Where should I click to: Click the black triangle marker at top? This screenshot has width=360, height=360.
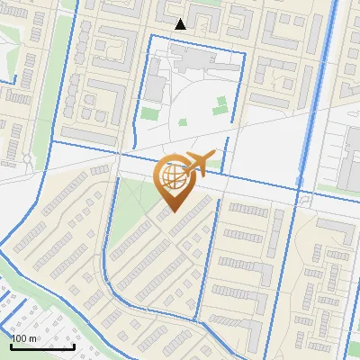(x=181, y=24)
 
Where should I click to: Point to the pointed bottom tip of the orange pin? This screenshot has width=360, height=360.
(x=172, y=211)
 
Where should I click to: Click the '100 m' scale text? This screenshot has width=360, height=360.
(x=23, y=337)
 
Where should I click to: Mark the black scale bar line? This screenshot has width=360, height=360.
(x=42, y=346)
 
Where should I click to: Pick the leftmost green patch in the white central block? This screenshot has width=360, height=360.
(x=148, y=114)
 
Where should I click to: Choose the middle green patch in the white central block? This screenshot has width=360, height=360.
(x=183, y=122)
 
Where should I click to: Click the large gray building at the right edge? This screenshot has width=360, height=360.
(x=346, y=153)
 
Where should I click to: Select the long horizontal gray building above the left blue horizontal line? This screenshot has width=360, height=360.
(x=90, y=135)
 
